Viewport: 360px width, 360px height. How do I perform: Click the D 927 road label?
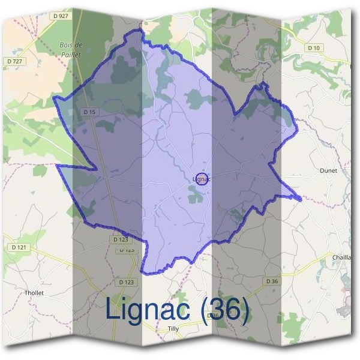click(61, 16)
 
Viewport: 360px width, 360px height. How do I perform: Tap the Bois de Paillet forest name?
click(71, 49)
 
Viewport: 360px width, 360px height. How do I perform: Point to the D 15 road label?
click(89, 112)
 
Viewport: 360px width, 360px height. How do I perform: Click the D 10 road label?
click(313, 47)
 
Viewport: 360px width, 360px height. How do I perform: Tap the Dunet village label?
click(329, 170)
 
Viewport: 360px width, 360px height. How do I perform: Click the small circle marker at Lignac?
click(202, 179)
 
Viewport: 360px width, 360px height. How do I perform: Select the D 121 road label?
click(20, 247)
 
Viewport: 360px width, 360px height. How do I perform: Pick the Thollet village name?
click(34, 293)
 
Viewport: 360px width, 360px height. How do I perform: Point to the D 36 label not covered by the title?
click(272, 281)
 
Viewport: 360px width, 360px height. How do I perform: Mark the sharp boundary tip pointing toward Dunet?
click(300, 197)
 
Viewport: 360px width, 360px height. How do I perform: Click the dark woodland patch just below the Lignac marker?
click(196, 193)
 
